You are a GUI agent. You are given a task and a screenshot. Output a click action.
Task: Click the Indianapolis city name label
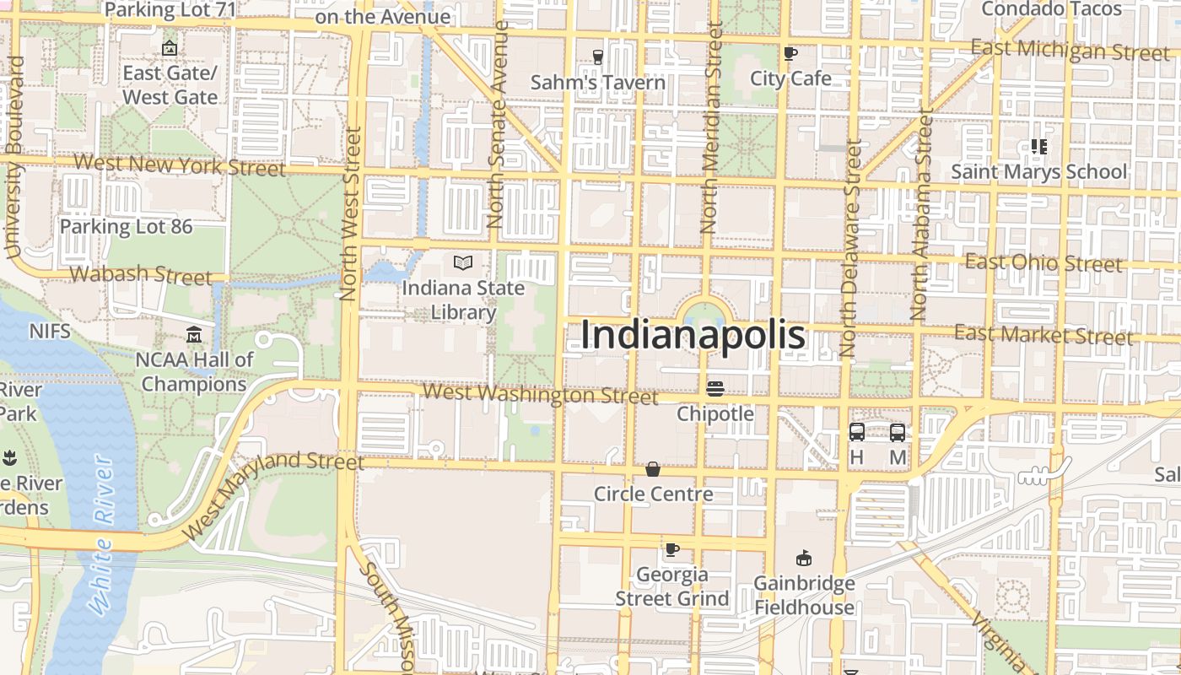pyautogui.click(x=693, y=335)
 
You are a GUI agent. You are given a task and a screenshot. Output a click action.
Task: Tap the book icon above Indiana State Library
pyautogui.click(x=462, y=262)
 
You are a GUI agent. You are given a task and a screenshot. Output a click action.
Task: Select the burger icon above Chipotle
pyautogui.click(x=715, y=389)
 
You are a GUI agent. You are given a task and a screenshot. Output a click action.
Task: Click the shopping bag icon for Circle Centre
pyautogui.click(x=653, y=469)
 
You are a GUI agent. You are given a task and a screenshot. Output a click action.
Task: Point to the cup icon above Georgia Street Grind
pyautogui.click(x=671, y=550)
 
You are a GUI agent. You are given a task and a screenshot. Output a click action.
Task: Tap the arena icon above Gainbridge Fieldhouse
pyautogui.click(x=804, y=559)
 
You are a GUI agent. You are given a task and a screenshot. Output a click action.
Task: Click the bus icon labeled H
pyautogui.click(x=856, y=432)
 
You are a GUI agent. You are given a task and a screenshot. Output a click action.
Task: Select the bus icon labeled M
pyautogui.click(x=898, y=432)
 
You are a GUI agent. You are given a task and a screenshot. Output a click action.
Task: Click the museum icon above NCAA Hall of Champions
pyautogui.click(x=194, y=335)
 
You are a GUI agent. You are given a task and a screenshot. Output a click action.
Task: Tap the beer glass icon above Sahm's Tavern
pyautogui.click(x=597, y=57)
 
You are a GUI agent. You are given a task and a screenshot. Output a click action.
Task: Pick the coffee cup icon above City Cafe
pyautogui.click(x=790, y=54)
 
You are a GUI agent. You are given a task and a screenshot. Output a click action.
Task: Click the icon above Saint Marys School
pyautogui.click(x=1038, y=147)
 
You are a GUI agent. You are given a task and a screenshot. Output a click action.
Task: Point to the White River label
pyautogui.click(x=102, y=534)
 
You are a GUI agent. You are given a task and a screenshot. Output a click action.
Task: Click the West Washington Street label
pyautogui.click(x=540, y=394)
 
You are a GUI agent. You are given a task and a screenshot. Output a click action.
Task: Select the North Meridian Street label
pyautogui.click(x=710, y=128)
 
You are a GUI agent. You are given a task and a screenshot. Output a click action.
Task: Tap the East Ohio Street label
pyautogui.click(x=1043, y=262)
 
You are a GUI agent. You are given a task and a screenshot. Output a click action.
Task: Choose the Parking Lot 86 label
pyautogui.click(x=126, y=226)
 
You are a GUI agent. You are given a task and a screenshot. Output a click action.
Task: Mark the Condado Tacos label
pyautogui.click(x=1051, y=9)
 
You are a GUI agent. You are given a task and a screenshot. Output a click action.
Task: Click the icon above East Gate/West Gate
pyautogui.click(x=170, y=48)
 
